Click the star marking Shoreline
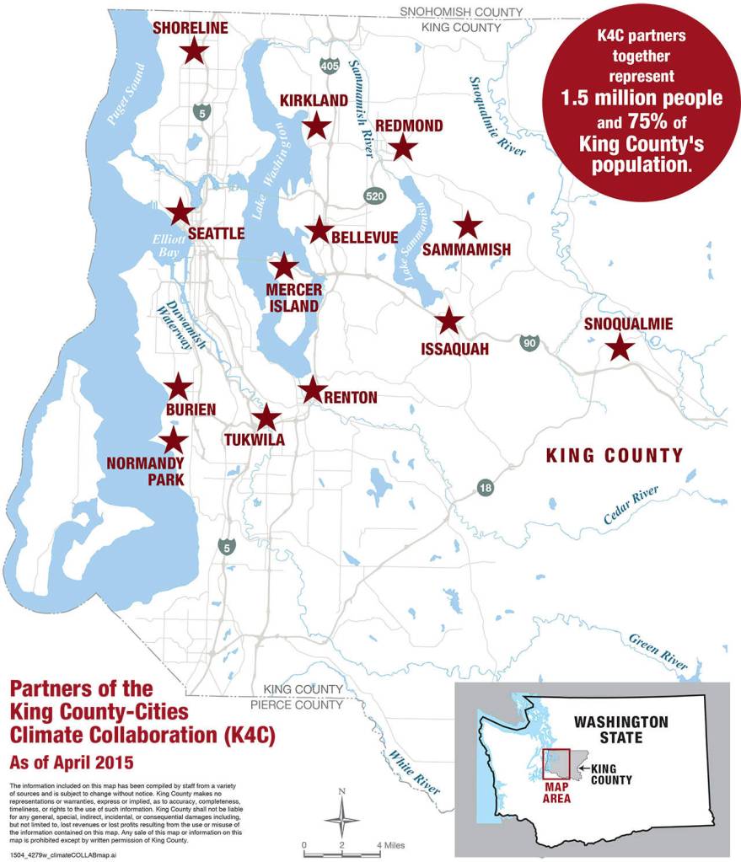(x=194, y=51)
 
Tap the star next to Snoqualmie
(x=620, y=346)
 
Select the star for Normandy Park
(x=174, y=440)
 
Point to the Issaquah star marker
(x=449, y=320)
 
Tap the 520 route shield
(x=375, y=195)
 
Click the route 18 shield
(x=486, y=488)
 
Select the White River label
(x=412, y=772)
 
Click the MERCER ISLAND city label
(x=293, y=297)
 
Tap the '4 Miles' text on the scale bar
(x=391, y=844)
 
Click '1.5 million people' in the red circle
(x=642, y=98)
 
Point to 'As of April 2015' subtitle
(x=72, y=763)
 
